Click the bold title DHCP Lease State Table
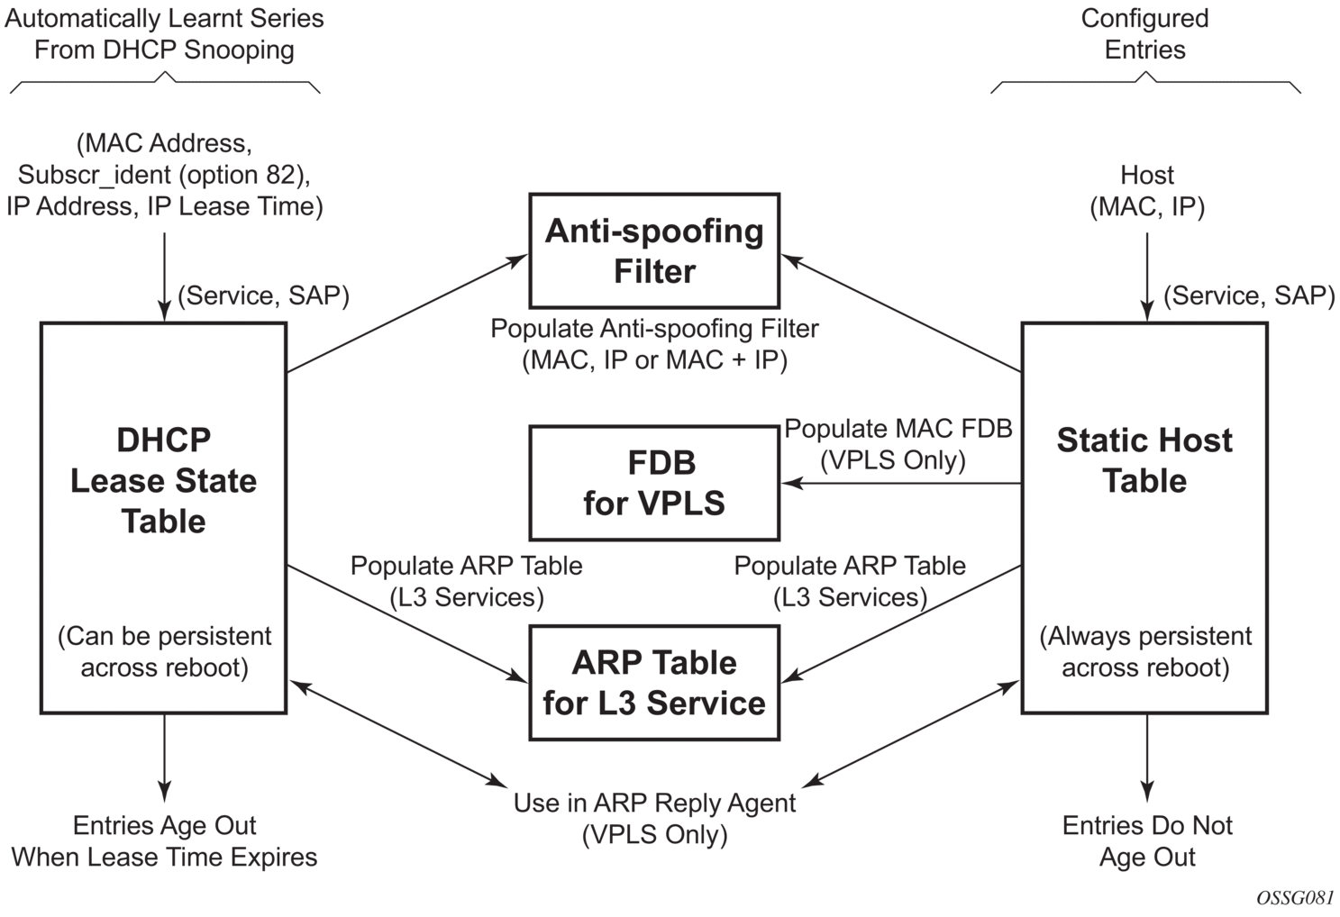163,481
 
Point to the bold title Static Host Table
1144,460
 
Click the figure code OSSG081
1295,898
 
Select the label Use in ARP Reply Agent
654,803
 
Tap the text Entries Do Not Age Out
1147,841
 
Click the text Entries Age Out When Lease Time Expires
165,841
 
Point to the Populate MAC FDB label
898,428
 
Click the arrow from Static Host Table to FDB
901,483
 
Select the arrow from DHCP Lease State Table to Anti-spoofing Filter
407,313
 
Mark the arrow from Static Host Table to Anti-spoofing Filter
901,313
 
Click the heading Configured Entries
1144,34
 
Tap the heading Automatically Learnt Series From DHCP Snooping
164,34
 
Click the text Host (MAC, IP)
1147,191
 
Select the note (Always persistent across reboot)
1145,651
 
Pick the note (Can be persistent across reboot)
165,651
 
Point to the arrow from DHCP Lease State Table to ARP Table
407,623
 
